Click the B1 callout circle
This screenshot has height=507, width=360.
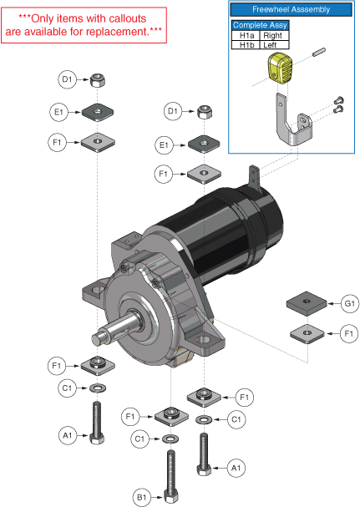click(x=142, y=497)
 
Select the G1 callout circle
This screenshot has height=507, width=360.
click(x=350, y=304)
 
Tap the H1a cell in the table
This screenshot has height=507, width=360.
click(x=246, y=36)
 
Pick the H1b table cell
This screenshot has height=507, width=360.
click(x=246, y=44)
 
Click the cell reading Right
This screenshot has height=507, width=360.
click(x=274, y=36)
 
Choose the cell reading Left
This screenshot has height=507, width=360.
click(x=274, y=44)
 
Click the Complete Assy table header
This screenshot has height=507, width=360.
click(x=260, y=25)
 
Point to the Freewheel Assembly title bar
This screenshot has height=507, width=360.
click(x=291, y=10)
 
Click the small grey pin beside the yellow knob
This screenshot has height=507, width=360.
click(x=319, y=52)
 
